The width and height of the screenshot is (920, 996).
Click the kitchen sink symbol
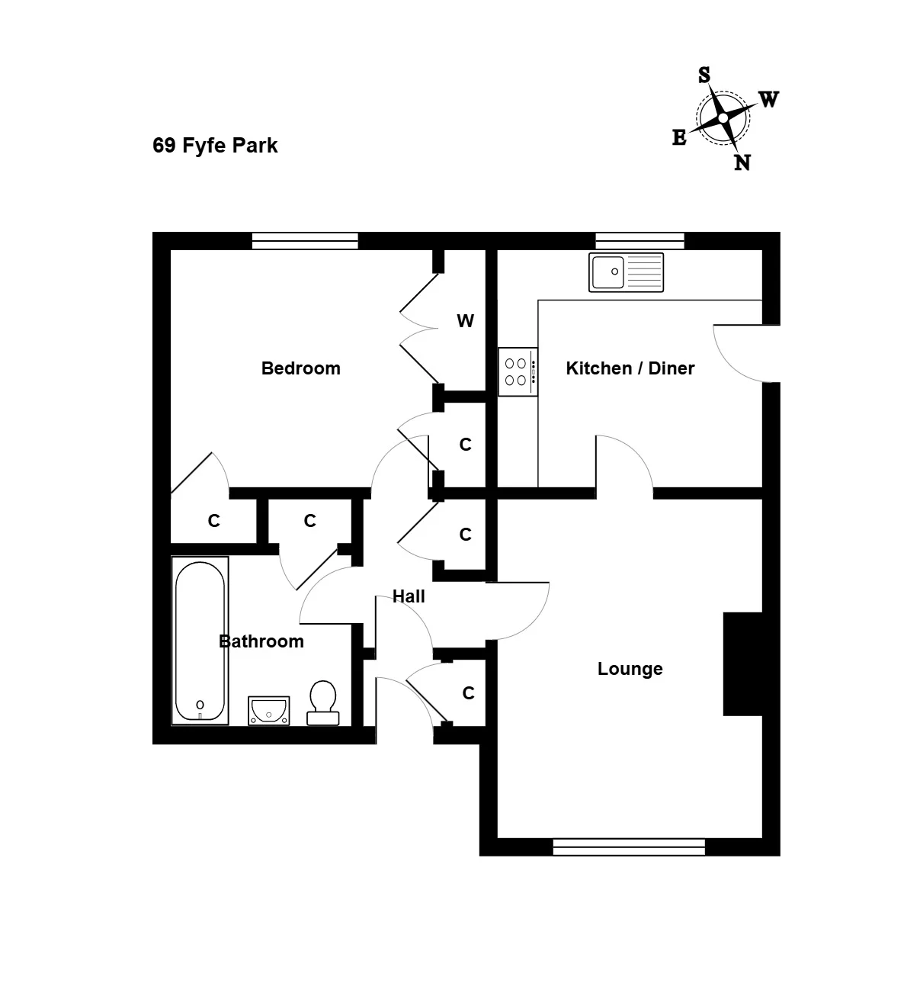(626, 272)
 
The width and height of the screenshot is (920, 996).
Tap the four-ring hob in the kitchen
(518, 371)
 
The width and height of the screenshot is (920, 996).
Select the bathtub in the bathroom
(200, 641)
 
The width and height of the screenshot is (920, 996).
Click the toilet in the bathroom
(323, 702)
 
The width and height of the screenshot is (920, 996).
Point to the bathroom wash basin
(269, 710)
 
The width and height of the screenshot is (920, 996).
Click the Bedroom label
(301, 368)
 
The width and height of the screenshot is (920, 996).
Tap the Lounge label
(630, 669)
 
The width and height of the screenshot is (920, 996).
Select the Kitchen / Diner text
(630, 368)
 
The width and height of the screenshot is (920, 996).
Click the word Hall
(409, 596)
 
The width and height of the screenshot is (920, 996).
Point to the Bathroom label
(261, 641)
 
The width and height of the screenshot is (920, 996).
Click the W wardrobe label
(465, 320)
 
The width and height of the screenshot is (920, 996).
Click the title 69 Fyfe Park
(215, 146)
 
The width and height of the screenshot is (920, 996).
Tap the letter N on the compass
(742, 163)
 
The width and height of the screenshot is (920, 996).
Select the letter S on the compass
(704, 75)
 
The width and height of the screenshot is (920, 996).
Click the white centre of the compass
(723, 118)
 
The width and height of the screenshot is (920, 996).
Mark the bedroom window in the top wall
(305, 241)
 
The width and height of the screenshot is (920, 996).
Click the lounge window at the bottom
(629, 847)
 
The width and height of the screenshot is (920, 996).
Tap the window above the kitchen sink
(640, 241)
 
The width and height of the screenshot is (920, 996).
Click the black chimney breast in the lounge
(742, 663)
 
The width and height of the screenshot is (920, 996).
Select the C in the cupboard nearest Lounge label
(468, 693)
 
